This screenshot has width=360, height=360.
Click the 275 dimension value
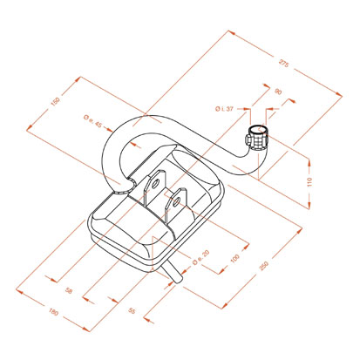point(284,64)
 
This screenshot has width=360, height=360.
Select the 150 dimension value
point(55,102)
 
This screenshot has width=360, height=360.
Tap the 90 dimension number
point(278,92)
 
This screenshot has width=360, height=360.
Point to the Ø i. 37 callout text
point(224,109)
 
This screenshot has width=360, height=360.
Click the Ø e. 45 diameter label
point(92,121)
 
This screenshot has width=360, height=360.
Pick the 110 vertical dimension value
point(309,181)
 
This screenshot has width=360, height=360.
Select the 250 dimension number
point(264,266)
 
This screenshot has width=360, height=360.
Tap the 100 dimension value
point(234,258)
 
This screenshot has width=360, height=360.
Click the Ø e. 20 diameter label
point(200,257)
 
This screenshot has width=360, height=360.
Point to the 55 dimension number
point(132,310)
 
